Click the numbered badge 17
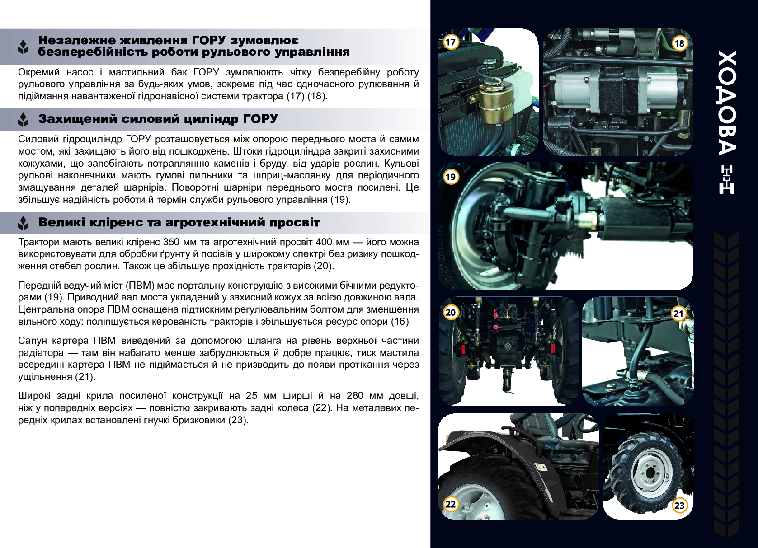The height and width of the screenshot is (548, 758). (x=450, y=42)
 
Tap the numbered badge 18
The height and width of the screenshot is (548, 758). (x=679, y=43)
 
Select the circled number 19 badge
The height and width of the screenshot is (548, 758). (x=450, y=177)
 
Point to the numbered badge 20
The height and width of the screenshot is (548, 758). (x=450, y=312)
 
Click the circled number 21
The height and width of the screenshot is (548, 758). (x=678, y=314)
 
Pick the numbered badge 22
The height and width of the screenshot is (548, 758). (x=450, y=504)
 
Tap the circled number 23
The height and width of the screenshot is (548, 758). (x=679, y=506)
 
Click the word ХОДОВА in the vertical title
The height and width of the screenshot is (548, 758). (x=726, y=103)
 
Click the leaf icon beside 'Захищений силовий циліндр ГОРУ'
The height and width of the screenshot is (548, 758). (x=23, y=120)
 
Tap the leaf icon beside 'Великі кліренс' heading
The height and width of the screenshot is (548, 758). (x=23, y=223)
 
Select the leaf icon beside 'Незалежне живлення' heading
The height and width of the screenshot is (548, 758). (x=23, y=47)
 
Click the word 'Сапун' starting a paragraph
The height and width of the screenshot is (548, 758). (x=33, y=341)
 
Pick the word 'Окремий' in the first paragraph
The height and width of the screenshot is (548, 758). (x=39, y=72)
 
